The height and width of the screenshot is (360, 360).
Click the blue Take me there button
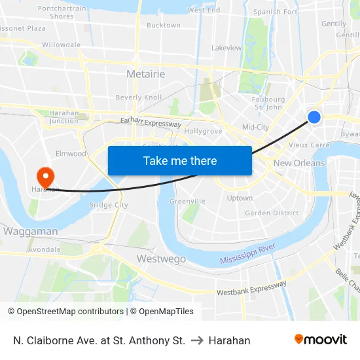pos(180,160)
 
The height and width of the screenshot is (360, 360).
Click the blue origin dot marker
pos(314,117)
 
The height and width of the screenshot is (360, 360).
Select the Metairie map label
pos(145,74)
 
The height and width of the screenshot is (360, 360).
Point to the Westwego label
pos(161,259)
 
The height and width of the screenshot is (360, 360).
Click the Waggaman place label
pos(31,231)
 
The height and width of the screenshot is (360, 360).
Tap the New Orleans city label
pos(299,163)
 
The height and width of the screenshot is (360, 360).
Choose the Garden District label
pos(272,213)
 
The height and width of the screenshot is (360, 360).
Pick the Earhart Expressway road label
pos(151,122)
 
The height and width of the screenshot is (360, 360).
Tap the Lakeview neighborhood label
pos(226,48)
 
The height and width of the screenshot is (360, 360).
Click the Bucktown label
pos(163,25)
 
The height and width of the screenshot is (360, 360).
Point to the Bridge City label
pos(108,205)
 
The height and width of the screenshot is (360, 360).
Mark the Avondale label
pos(45,249)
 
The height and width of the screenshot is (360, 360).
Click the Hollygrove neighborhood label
pos(204,131)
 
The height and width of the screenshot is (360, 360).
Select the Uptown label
pos(240,198)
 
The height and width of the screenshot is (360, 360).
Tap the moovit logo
pos(320,339)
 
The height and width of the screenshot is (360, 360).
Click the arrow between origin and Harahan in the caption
pos(197,340)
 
